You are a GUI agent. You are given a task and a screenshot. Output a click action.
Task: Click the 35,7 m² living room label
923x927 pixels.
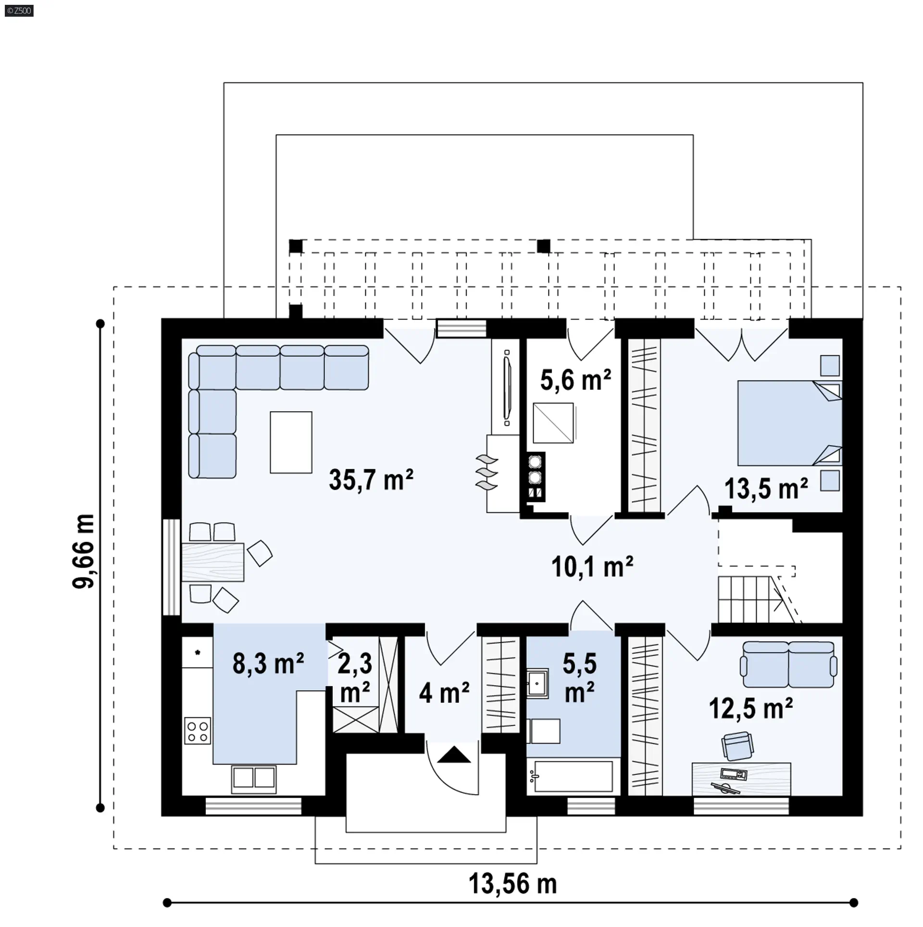371,479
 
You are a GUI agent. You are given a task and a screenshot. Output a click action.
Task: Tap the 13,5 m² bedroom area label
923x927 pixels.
766,489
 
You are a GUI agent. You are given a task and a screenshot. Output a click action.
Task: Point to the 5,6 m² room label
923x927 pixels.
575,380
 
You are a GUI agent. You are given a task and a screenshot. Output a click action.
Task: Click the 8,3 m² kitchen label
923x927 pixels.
268,664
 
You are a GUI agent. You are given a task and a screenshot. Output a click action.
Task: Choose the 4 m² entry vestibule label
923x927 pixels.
444,693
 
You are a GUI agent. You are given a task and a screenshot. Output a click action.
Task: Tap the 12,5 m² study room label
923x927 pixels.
751,709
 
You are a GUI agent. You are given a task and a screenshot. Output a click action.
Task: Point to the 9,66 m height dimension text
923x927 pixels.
84,551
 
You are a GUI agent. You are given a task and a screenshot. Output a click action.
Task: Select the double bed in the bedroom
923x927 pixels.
790,423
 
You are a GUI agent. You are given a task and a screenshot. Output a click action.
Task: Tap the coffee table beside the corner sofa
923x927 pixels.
291,442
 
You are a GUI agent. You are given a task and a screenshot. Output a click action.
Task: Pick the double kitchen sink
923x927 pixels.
254,779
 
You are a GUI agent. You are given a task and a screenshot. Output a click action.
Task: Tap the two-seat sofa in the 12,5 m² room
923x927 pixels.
788,665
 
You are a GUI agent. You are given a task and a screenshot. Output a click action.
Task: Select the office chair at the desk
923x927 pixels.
737,747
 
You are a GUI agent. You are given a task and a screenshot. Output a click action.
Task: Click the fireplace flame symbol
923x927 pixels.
486,473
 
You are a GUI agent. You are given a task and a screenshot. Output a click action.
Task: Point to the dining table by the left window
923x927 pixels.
212,562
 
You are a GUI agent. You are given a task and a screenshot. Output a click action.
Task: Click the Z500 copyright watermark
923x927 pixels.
19,11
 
